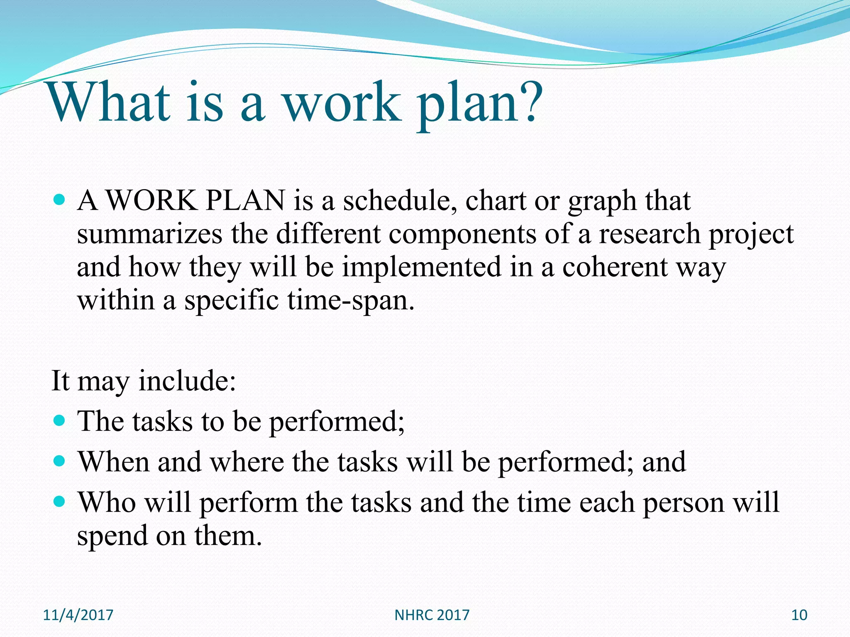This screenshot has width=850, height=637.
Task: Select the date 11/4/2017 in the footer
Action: point(78,615)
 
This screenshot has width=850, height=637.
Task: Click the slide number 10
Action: point(799,615)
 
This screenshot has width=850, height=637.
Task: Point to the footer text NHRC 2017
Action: point(432,615)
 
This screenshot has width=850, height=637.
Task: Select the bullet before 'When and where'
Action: point(60,461)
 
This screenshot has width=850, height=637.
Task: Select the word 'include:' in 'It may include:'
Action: point(187,380)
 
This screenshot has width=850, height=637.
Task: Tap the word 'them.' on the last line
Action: point(228,535)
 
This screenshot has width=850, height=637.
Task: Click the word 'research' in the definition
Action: point(650,234)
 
